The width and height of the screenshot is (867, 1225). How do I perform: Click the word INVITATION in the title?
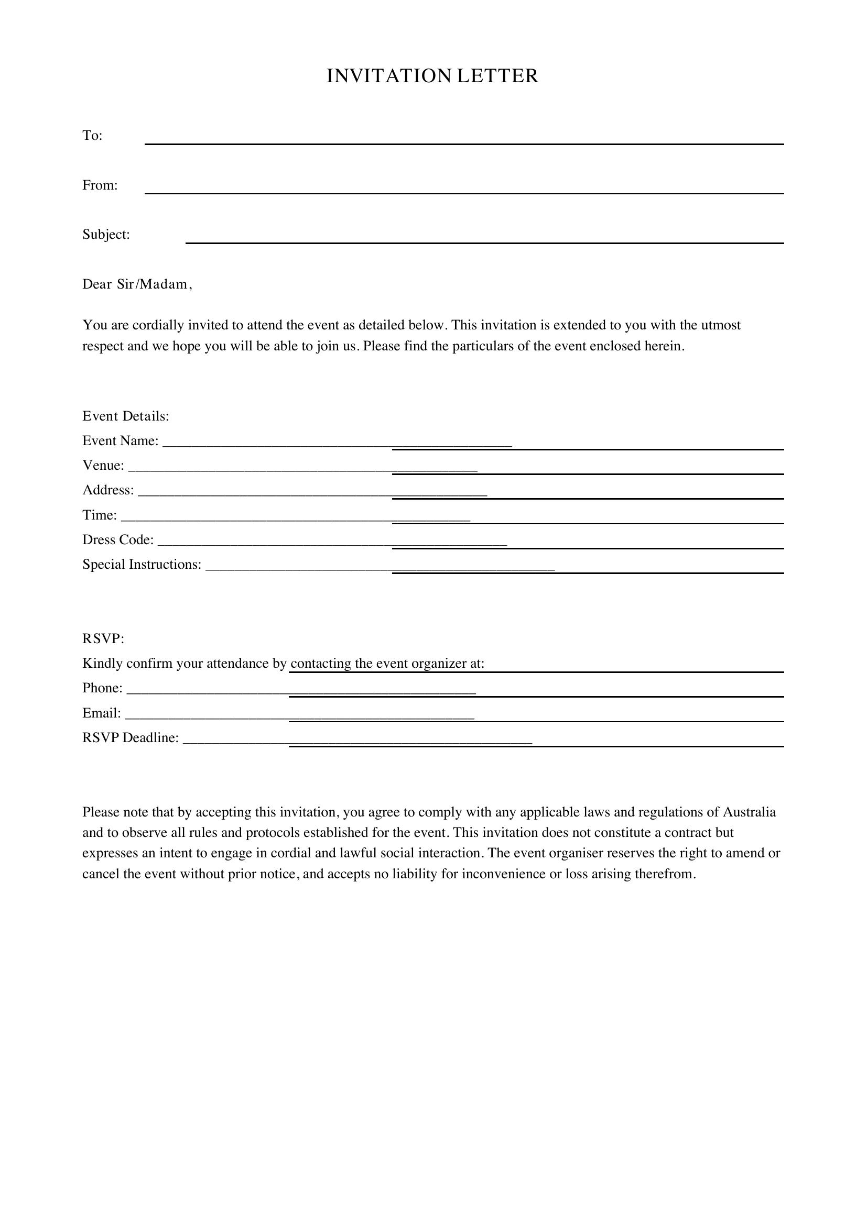pyautogui.click(x=389, y=76)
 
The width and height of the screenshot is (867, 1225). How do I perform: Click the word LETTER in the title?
pyautogui.click(x=497, y=76)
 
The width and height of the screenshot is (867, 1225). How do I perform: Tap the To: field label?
pyautogui.click(x=92, y=136)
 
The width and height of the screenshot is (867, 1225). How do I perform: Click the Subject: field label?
pyautogui.click(x=106, y=235)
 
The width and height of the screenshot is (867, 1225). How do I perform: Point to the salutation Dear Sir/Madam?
pyautogui.click(x=137, y=284)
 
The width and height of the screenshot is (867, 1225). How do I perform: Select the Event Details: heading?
pyautogui.click(x=125, y=416)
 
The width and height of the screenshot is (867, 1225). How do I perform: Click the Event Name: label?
pyautogui.click(x=120, y=440)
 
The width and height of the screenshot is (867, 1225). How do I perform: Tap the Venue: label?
pyautogui.click(x=103, y=465)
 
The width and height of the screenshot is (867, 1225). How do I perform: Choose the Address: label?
pyautogui.click(x=108, y=490)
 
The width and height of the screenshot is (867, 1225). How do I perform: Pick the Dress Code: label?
pyautogui.click(x=117, y=539)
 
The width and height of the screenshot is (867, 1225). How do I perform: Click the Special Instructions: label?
pyautogui.click(x=142, y=564)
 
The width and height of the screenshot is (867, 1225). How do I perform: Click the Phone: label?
pyautogui.click(x=102, y=688)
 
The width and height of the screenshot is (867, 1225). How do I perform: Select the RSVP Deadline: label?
pyautogui.click(x=131, y=737)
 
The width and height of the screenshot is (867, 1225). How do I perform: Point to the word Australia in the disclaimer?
pyautogui.click(x=749, y=812)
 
